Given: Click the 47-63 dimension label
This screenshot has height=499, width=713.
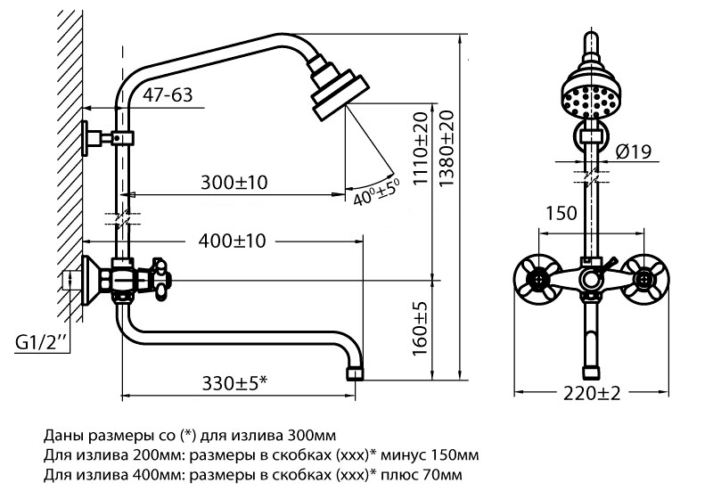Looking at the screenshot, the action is (x=168, y=95).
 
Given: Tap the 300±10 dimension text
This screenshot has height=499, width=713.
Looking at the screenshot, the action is (x=234, y=183).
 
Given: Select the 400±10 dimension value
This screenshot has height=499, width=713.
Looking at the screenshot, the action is (x=232, y=241).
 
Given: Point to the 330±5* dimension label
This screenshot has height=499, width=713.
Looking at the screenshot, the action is (x=234, y=384).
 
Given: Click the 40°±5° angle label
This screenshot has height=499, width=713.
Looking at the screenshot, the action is (x=376, y=192).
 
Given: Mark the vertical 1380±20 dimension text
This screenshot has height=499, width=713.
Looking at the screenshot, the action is (x=447, y=148).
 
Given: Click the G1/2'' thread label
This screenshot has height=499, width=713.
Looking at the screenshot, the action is (x=41, y=342).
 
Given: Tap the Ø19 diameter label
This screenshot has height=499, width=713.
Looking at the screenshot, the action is (x=634, y=151).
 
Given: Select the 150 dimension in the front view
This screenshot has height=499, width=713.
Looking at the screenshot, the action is (x=561, y=213).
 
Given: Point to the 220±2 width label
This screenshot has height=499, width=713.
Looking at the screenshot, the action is (x=592, y=393).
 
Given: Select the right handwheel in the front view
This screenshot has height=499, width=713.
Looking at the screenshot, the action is (x=643, y=279).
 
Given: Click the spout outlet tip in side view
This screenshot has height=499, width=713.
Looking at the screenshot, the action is (x=356, y=373).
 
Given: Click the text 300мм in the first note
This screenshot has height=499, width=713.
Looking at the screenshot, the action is (x=313, y=436).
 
